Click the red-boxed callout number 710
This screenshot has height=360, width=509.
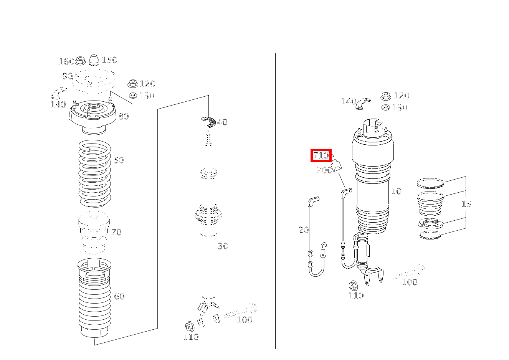321,155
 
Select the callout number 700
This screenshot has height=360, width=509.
324,170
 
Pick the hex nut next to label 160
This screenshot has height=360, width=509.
80,60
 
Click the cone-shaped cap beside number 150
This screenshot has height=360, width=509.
94,60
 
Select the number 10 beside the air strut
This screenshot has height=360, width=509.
396,191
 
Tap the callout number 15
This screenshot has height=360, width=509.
466,204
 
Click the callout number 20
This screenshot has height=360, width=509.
303,230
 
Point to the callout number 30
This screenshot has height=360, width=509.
223,246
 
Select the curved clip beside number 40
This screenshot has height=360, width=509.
208,122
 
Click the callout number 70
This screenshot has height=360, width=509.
116,232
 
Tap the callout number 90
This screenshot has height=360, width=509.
68,76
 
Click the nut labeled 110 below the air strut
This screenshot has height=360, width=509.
353,286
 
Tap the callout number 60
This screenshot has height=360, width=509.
119,296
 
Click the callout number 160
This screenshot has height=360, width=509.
66,62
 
